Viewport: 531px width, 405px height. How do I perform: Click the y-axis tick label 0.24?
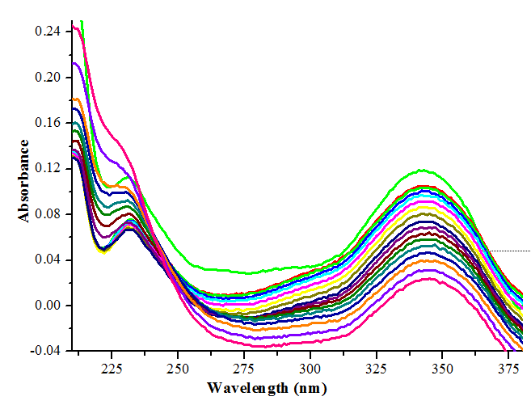click(48, 32)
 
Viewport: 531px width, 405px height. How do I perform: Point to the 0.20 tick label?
click(48, 78)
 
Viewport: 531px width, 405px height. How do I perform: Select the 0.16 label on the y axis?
click(48, 123)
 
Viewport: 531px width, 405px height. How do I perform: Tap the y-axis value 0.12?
click(48, 169)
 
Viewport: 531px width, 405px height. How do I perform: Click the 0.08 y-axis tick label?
click(48, 214)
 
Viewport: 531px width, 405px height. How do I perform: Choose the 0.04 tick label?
click(48, 260)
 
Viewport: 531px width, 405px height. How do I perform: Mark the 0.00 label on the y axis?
click(48, 306)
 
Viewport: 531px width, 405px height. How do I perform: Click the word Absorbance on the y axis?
click(25, 181)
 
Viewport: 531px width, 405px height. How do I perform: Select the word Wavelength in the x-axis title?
click(245, 387)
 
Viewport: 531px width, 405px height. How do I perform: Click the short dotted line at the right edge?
click(509, 251)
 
